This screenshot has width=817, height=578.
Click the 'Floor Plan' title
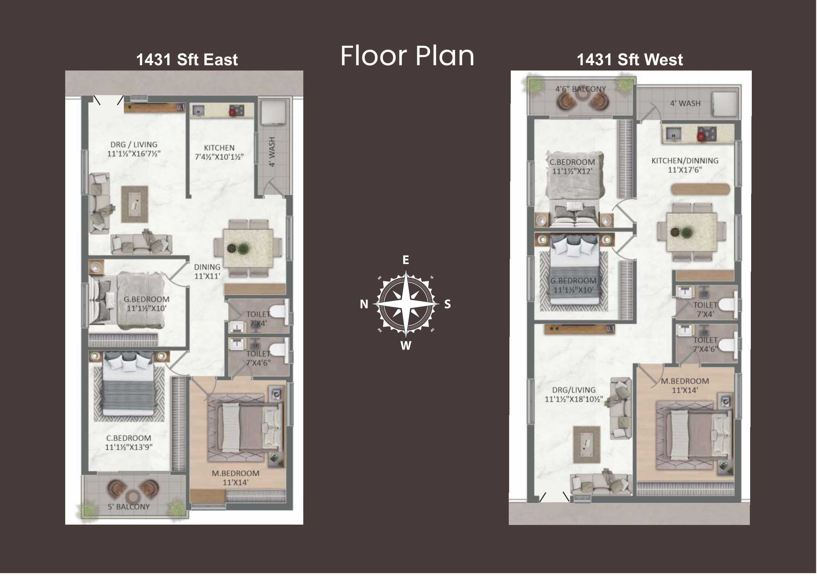407,56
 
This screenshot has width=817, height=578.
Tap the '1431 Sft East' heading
187,59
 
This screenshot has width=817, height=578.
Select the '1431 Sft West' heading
630,59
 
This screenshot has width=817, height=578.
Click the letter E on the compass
406,260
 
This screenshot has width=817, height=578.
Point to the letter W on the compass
406,345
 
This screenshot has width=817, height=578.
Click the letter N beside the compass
364,304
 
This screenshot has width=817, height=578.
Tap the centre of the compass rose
406,304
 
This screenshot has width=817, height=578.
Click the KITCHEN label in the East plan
219,148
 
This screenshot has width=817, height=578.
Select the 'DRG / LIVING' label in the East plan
134,145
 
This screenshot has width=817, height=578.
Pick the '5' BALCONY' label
129,507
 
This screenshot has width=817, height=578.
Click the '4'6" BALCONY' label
581,89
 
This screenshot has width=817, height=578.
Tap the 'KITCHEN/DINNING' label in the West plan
685,160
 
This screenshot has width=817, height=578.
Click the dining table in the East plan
248,248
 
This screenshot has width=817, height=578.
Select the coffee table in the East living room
134,204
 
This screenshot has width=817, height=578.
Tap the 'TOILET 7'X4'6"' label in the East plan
258,358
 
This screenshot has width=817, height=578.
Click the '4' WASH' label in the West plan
685,103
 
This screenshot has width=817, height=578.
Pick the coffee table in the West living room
587,445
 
